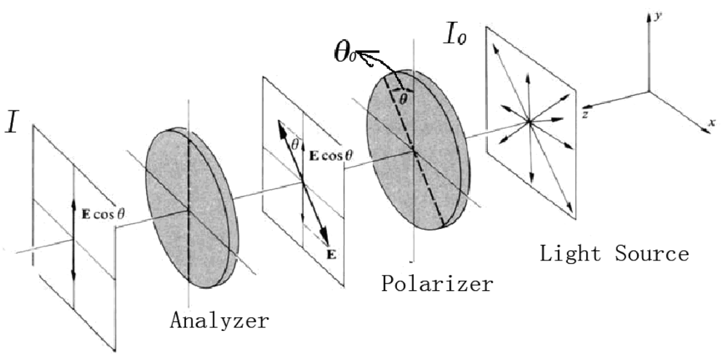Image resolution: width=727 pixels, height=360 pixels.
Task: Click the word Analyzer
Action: [x=220, y=320]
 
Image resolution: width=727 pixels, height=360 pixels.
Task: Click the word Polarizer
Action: [x=437, y=283]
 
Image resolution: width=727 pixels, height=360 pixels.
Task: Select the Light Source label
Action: [x=614, y=254]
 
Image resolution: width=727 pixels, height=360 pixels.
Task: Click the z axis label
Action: [x=585, y=115]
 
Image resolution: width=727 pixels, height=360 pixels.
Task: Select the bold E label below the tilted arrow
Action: [x=332, y=254]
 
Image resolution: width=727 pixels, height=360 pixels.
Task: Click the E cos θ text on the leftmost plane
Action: [x=103, y=214]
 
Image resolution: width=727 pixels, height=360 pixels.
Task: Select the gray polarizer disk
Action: [x=415, y=153]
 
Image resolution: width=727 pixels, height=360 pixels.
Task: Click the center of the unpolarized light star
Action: [x=530, y=122]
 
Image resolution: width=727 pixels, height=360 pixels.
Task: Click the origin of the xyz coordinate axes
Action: [x=649, y=92]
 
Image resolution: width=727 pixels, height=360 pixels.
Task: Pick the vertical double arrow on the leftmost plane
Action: [x=73, y=241]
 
